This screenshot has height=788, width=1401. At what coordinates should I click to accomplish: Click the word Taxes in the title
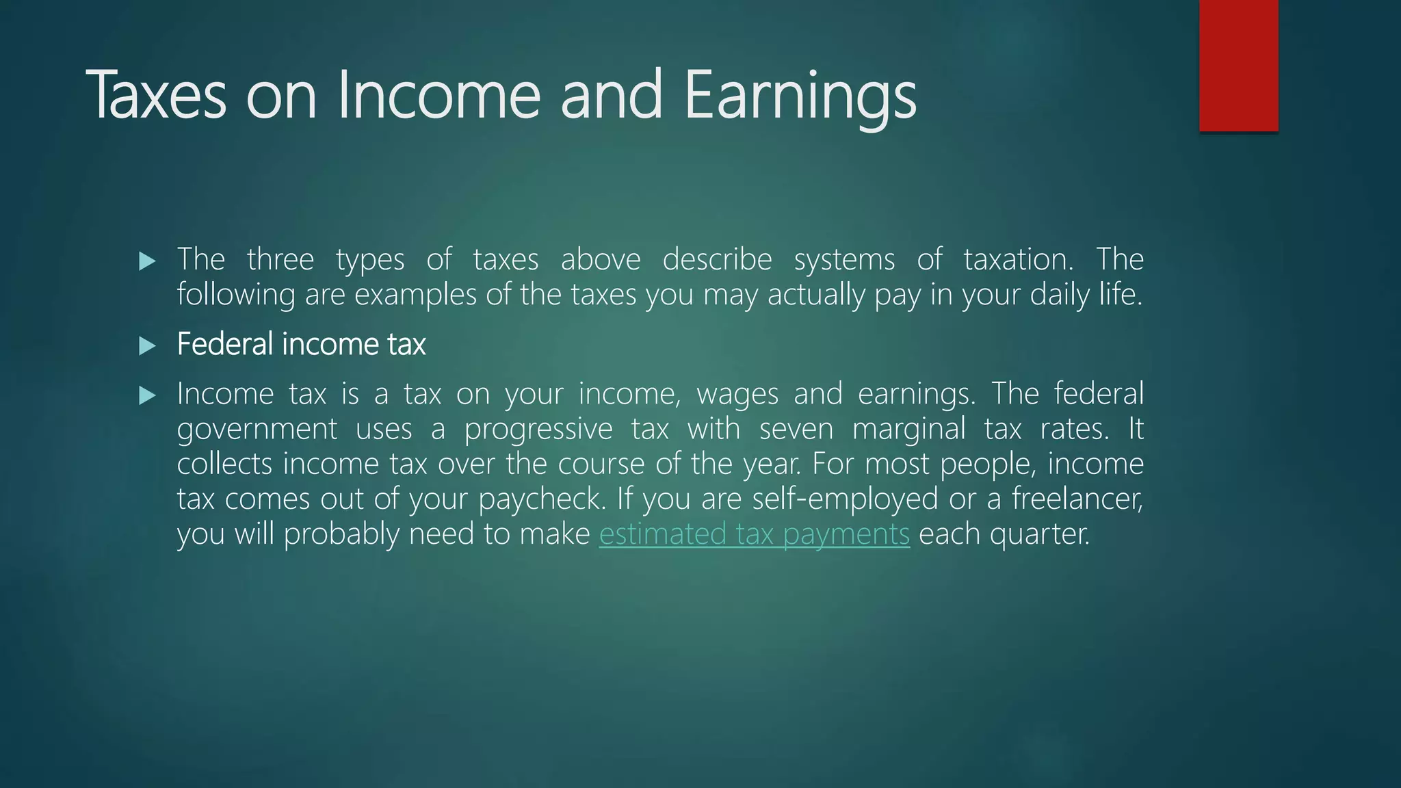click(156, 95)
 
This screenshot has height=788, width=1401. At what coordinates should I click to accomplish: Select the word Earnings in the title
click(800, 95)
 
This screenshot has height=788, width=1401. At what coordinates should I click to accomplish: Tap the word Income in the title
click(438, 95)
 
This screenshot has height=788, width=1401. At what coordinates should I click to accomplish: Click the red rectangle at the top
click(1238, 65)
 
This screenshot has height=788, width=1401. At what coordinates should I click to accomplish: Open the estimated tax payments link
click(754, 534)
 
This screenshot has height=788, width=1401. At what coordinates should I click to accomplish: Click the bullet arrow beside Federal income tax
click(147, 345)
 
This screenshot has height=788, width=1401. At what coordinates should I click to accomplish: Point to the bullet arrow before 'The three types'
click(147, 261)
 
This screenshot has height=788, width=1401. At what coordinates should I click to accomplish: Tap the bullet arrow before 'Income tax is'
click(147, 395)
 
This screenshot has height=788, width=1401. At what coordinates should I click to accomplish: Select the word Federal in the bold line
click(225, 344)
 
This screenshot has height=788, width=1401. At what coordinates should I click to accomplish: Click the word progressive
click(538, 430)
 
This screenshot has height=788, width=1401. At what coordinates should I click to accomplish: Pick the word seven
click(796, 430)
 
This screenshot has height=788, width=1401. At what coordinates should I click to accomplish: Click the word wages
click(737, 395)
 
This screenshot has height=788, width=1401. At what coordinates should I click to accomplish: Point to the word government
click(257, 430)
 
